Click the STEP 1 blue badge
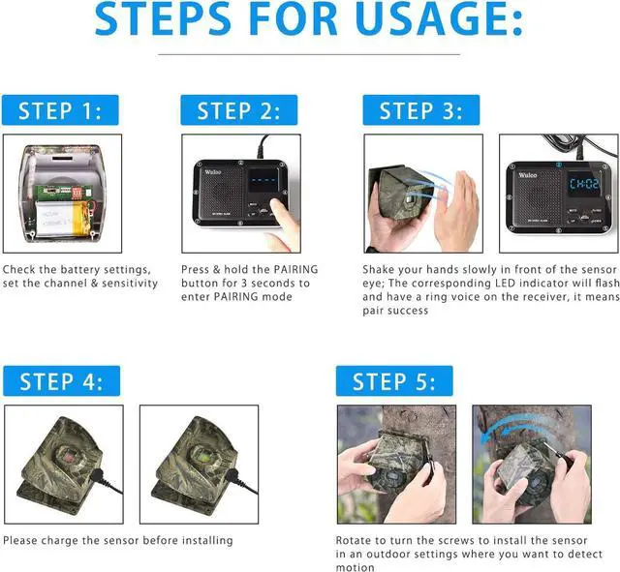pos(59,110)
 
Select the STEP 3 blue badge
pos(420,110)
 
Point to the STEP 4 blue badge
pos(60,380)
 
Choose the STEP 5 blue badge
pos(393,380)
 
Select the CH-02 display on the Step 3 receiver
pos(583,183)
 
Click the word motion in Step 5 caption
pos(355,567)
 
